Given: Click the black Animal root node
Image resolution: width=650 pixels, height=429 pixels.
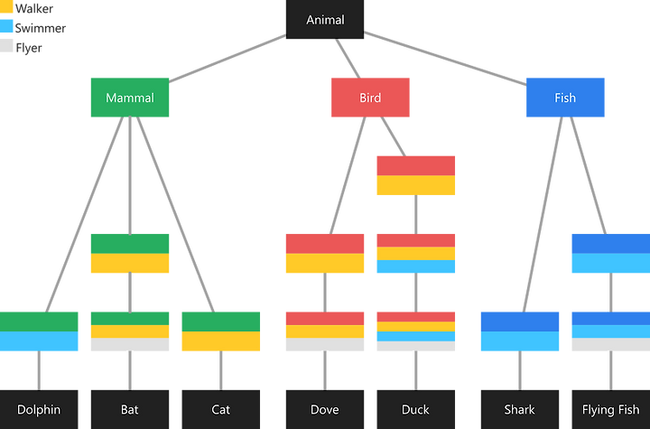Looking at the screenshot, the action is (x=325, y=20).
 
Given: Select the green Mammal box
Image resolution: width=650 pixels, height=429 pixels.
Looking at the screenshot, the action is (x=130, y=98).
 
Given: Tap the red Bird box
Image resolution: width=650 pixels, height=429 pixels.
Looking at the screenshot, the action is (x=370, y=98).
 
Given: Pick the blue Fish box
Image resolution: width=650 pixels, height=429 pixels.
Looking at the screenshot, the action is (x=565, y=98).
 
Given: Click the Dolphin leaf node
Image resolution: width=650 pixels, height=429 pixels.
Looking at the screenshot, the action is (x=39, y=409).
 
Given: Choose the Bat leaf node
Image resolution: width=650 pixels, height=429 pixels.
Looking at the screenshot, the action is (x=130, y=409).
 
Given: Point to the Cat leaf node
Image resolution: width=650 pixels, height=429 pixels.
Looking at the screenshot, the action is (x=221, y=409).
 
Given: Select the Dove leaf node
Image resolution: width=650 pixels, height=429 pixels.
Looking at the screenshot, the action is (x=325, y=409).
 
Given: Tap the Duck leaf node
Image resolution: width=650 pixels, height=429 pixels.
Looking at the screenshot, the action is (x=416, y=409).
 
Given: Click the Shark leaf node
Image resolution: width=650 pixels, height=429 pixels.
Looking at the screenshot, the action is (x=520, y=409).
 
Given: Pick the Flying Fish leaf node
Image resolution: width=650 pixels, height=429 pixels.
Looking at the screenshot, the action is (x=611, y=409).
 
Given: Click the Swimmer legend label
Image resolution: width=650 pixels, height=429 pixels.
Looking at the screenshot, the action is (x=41, y=28).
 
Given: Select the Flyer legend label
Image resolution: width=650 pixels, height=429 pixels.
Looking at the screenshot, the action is (x=29, y=48).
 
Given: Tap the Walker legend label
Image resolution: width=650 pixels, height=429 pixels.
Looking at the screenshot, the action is (x=34, y=8).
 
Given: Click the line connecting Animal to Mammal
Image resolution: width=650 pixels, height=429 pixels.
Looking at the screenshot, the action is (x=227, y=59).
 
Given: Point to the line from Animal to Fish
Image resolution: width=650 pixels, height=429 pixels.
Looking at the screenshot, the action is (x=445, y=59).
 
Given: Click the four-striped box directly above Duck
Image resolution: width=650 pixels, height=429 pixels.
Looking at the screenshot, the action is (x=416, y=331).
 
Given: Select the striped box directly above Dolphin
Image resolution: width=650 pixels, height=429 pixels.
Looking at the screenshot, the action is (x=39, y=331).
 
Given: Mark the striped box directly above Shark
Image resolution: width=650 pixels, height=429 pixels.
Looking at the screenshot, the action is (x=520, y=331).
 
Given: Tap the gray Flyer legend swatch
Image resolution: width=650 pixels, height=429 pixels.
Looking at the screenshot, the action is (x=6, y=46).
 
